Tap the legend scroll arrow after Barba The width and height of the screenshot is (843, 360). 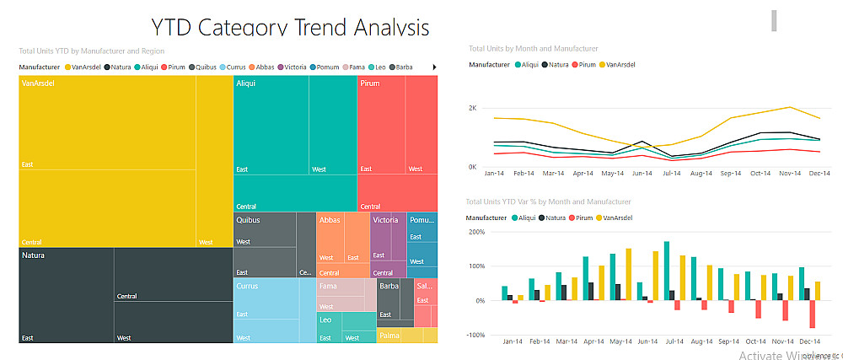click(434, 67)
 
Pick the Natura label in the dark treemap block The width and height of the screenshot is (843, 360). click(34, 255)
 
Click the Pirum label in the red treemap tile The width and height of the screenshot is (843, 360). click(370, 83)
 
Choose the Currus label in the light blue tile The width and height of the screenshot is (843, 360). click(248, 287)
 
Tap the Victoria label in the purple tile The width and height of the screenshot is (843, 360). click(385, 220)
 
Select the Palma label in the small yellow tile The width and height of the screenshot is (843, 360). click(389, 336)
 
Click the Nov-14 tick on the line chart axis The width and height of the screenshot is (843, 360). click(789, 174)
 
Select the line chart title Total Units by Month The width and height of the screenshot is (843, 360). click(533, 49)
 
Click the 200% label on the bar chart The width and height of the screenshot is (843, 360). click(477, 231)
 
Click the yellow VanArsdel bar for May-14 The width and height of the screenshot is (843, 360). click(629, 274)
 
